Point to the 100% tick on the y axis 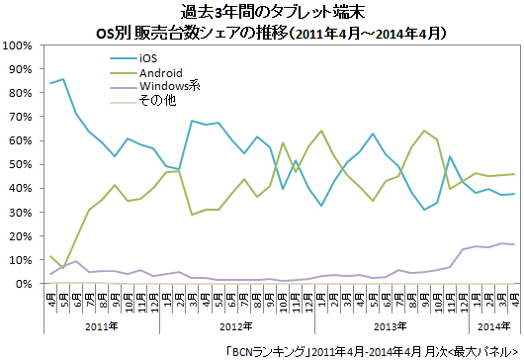tap(21, 45)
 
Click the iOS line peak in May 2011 tap(64, 79)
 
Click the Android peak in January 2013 tap(322, 131)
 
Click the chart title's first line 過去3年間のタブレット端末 tap(262, 12)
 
